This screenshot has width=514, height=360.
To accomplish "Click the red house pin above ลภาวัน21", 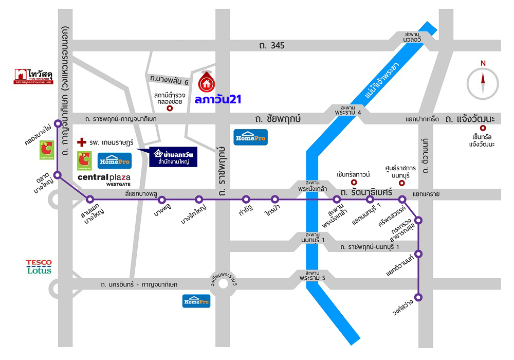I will (x=207, y=81).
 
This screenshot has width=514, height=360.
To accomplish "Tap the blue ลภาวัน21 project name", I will (x=218, y=99).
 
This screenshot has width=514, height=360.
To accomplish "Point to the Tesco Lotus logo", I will (x=39, y=266).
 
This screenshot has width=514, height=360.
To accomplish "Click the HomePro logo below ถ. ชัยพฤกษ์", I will (x=250, y=137).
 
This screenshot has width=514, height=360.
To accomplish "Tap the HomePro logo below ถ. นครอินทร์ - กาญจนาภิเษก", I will (x=196, y=301).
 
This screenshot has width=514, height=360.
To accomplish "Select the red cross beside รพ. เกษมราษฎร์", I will (x=81, y=141).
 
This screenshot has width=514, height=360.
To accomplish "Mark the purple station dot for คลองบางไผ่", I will (x=58, y=123).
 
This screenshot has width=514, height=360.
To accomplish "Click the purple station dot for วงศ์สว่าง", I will (x=419, y=297).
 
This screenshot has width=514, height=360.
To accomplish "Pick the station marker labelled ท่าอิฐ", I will (x=246, y=199).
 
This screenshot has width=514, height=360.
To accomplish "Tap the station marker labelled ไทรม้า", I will (x=275, y=199).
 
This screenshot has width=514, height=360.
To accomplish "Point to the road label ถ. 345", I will (x=272, y=46).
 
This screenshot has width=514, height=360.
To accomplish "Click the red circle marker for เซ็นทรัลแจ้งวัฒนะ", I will (x=483, y=128).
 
